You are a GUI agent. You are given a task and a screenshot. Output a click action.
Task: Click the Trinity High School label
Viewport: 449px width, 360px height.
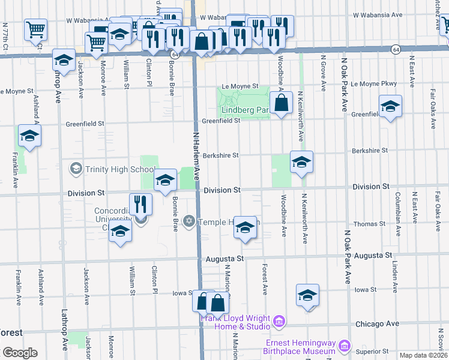point(121,169)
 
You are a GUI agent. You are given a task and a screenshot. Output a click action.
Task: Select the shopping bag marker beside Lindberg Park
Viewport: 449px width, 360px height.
point(281,103)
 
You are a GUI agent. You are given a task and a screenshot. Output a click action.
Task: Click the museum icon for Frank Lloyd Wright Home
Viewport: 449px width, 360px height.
point(279,322)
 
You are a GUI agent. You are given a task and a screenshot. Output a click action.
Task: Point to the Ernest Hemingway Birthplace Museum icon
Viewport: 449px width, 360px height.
point(344,346)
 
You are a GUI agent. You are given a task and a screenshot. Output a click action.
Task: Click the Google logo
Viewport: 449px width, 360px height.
point(20,353)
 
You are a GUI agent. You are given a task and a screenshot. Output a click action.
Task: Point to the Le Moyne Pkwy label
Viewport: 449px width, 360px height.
point(374,84)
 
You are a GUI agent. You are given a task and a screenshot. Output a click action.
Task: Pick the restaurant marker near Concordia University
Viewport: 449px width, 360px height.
point(140,205)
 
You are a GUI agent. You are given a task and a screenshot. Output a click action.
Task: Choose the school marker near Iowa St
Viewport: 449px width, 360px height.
point(307,295)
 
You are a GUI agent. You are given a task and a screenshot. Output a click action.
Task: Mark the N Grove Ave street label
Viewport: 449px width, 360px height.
point(323,73)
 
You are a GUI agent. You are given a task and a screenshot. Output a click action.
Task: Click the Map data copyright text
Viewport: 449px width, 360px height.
point(424,355)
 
